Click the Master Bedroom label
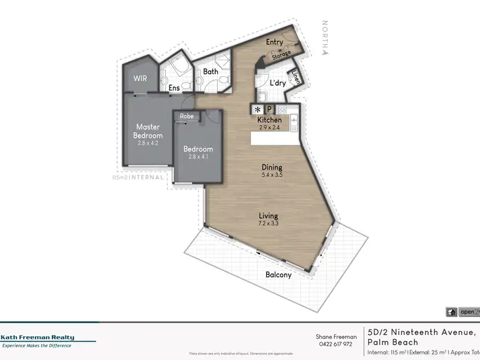tap(148, 131)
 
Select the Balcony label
tap(278, 275)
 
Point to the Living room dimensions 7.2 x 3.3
tap(268, 224)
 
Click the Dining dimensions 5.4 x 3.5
tap(272, 175)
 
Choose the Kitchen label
tap(269, 120)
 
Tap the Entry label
tap(275, 42)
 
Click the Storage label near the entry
tap(281, 56)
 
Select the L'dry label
tap(277, 83)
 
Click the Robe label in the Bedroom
tap(187, 116)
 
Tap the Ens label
tap(174, 88)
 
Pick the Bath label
tap(211, 72)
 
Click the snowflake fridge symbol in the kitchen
tap(259, 109)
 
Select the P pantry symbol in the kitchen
tap(269, 109)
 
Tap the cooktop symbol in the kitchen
tap(282, 109)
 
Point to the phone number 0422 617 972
tap(336, 344)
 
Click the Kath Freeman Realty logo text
tap(37, 338)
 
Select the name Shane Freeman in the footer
tap(336, 336)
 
